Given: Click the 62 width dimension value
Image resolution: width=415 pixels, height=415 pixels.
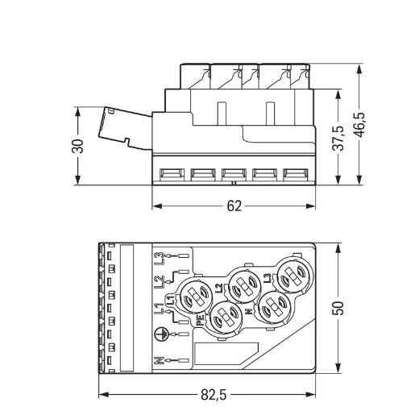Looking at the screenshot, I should pyautogui.click(x=234, y=206).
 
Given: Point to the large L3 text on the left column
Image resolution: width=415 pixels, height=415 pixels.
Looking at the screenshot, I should pyautogui.click(x=160, y=259).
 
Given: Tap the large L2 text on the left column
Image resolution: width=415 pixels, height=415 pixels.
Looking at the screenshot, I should pyautogui.click(x=160, y=282).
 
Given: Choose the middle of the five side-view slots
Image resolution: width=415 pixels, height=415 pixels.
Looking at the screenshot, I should pyautogui.click(x=234, y=173).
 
